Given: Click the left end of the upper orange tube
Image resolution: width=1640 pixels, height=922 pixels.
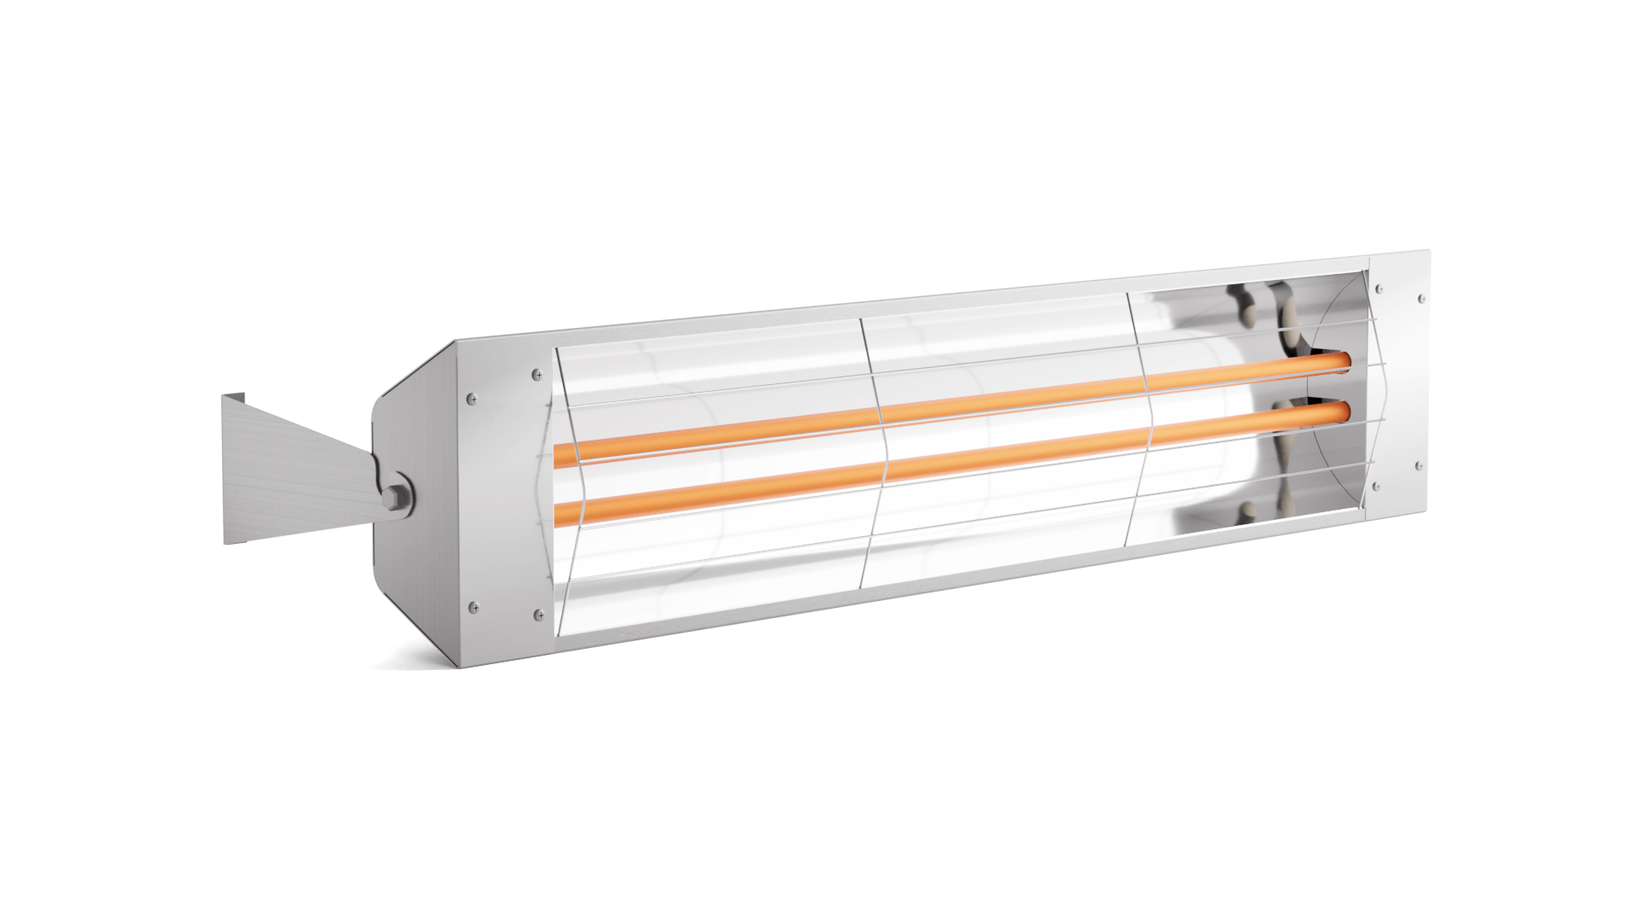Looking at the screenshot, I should point(560,455).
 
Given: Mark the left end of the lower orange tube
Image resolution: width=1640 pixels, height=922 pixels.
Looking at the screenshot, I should point(560,511).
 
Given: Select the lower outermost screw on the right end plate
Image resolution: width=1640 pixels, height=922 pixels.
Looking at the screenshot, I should point(1420,466).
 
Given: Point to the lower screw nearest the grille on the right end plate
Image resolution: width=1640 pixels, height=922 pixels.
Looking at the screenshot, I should point(1376,487).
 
